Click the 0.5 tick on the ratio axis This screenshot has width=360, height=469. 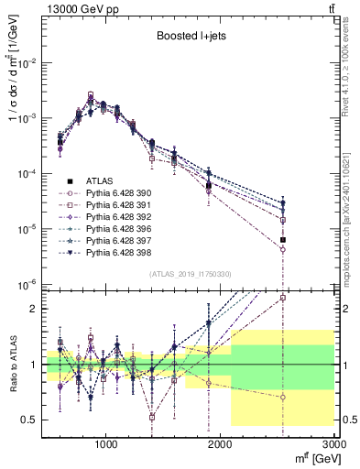(33, 420)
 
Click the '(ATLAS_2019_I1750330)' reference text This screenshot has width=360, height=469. (190, 274)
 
